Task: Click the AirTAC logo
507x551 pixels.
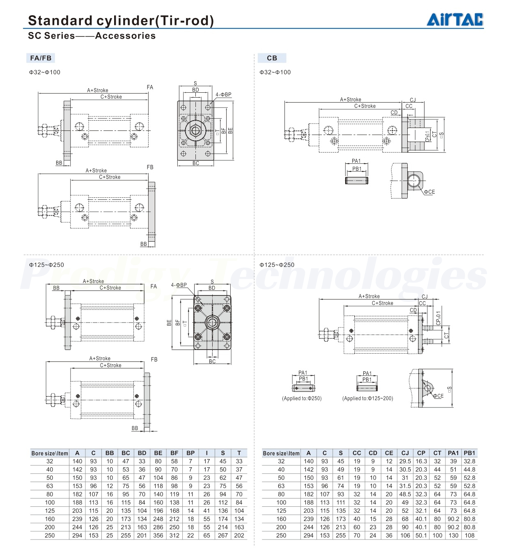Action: [x=455, y=20]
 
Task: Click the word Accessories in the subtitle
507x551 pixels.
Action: [x=125, y=36]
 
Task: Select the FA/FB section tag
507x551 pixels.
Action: [x=41, y=58]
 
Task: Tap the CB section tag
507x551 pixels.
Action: [x=272, y=58]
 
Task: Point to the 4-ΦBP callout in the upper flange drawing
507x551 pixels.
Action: [x=223, y=94]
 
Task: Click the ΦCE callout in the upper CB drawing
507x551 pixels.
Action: [x=429, y=192]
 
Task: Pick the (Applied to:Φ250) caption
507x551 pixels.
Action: [x=302, y=398]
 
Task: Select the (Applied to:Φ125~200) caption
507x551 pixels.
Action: [x=367, y=398]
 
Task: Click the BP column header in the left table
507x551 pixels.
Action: [x=190, y=453]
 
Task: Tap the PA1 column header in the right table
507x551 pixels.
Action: [x=453, y=453]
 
